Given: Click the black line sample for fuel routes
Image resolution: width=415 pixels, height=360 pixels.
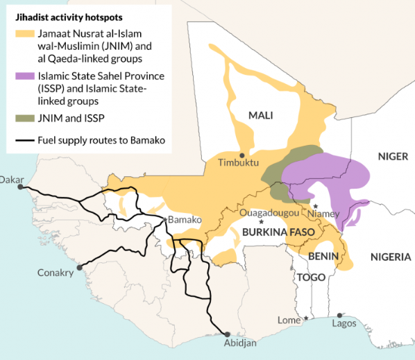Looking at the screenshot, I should (x=24, y=141).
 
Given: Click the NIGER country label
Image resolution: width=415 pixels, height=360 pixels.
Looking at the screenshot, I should (x=393, y=156).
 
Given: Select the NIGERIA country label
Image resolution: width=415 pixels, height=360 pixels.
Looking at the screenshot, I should (x=391, y=257).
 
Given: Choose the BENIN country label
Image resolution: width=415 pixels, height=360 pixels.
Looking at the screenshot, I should (x=324, y=257).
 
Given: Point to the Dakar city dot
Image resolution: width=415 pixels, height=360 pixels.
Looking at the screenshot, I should (x=20, y=187).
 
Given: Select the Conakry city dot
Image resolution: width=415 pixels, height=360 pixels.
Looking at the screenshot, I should (x=80, y=266).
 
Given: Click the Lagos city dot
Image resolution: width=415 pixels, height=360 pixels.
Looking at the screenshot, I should (x=339, y=315).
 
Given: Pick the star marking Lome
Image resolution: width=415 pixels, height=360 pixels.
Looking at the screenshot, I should (x=307, y=319).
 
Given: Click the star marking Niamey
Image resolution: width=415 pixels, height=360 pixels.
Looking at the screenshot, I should (x=315, y=206).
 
